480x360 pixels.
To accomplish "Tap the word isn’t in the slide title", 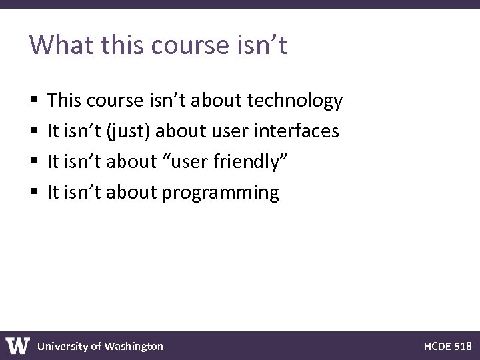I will pos(262,45).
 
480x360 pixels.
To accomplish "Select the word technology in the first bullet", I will pos(295,101).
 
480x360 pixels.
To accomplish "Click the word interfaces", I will pos(300,131).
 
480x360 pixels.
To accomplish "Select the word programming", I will pos(221,193).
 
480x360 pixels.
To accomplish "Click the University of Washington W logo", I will pos(17,345).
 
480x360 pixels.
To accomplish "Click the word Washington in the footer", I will pos(133,346).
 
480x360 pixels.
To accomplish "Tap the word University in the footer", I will pos(62,346).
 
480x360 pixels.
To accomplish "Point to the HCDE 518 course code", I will pos(447,346).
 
